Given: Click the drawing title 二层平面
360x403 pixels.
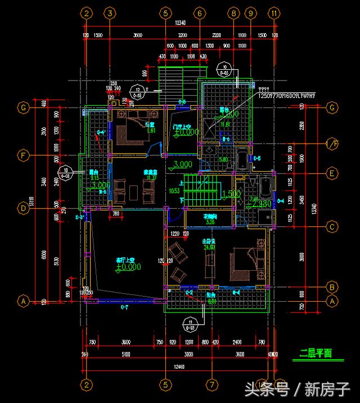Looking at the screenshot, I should click(x=316, y=353).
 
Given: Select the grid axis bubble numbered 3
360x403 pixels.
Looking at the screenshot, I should click(x=110, y=12).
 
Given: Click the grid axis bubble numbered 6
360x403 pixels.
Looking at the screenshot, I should click(x=199, y=12).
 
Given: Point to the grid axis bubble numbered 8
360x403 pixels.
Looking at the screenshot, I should click(x=234, y=12).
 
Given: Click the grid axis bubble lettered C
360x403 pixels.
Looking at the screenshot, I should click(x=332, y=227).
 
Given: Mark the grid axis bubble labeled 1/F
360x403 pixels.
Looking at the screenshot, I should click(x=332, y=145).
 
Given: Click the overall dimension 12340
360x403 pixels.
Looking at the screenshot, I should click(x=180, y=23).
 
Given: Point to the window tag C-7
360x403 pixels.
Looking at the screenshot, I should click(x=125, y=307).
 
